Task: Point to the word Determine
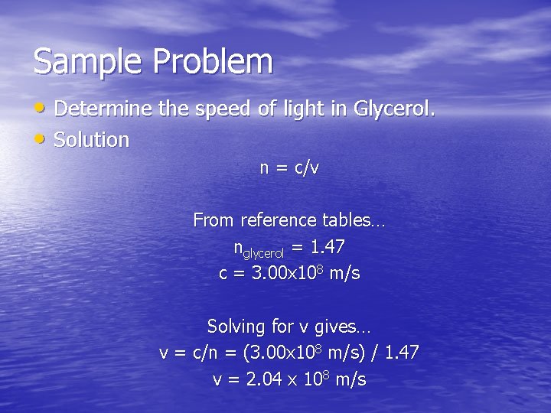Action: pos(104,109)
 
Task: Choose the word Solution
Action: pos(92,140)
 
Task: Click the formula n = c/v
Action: pos(289,168)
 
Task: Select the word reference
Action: pos(278,220)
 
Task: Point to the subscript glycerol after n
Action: pos(263,252)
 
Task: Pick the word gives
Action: pos(337,327)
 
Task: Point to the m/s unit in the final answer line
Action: pos(351,379)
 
